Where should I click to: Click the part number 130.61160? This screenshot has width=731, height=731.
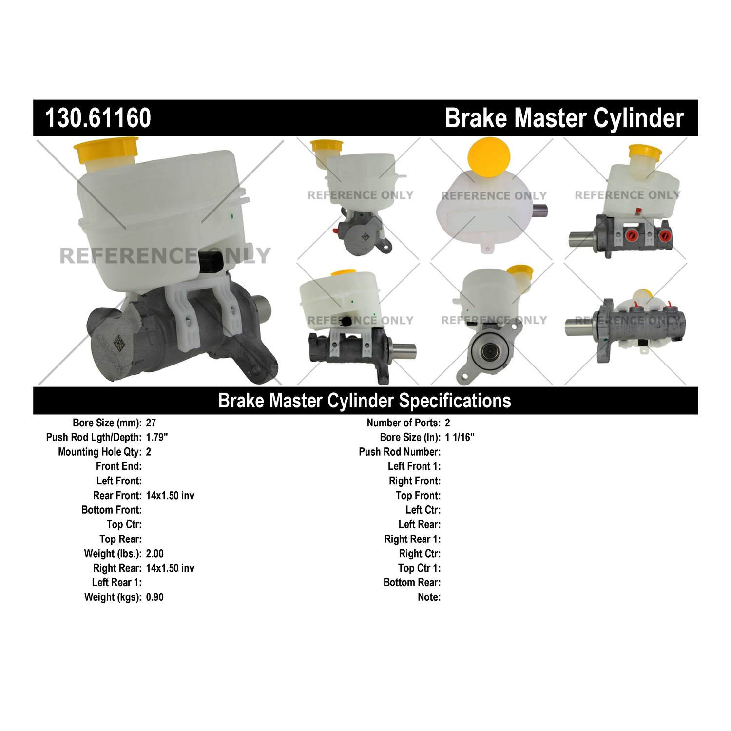98,118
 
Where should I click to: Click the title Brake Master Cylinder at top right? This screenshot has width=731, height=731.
564,118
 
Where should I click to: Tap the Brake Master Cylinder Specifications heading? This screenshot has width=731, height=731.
365,400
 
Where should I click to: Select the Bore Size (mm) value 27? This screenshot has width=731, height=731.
151,423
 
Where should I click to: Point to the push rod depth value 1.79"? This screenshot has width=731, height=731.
157,437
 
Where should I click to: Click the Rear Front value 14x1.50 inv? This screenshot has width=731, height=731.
170,496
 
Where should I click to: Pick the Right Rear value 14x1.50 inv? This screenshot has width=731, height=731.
170,568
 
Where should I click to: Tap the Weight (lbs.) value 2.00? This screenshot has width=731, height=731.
155,554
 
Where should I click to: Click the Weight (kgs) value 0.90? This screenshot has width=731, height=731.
155,597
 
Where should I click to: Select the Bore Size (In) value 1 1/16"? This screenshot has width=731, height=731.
460,437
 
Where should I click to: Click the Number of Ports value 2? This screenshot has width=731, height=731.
447,423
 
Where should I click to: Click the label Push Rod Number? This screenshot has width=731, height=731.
400,452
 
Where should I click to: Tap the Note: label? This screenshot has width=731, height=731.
429,597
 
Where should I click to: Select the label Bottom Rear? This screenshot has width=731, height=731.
412,583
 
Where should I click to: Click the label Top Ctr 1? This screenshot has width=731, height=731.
420,568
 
